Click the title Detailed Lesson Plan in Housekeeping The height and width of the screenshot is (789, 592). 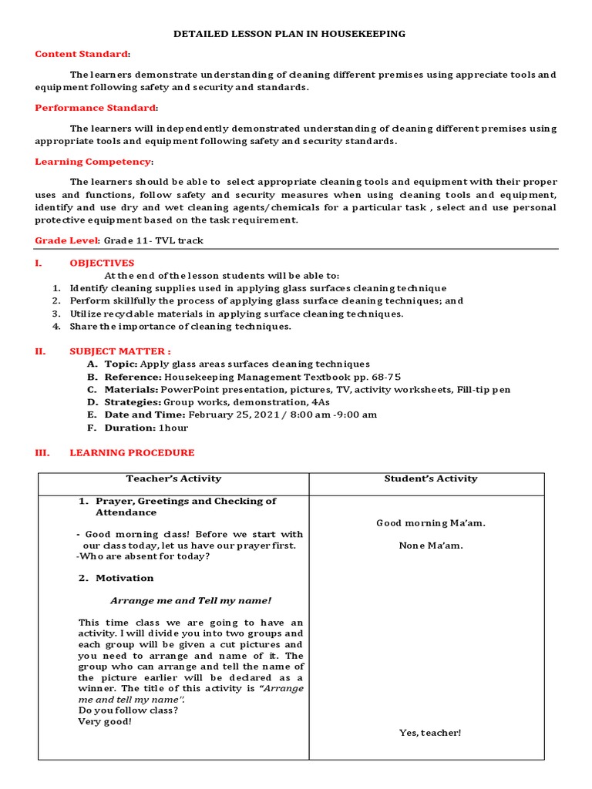[289, 34]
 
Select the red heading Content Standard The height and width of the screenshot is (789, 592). [82, 54]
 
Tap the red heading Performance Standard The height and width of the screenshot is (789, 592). [96, 108]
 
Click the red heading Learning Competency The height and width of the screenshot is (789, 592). [92, 162]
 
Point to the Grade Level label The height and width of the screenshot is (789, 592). [67, 241]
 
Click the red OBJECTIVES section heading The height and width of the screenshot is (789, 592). [102, 263]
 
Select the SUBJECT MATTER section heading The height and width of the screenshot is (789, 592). [120, 351]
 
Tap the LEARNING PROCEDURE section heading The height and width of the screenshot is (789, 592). [132, 453]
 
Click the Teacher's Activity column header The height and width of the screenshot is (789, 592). [173, 478]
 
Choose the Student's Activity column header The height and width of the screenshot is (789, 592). [431, 478]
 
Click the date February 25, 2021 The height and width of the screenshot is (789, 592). [231, 415]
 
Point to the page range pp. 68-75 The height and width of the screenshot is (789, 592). [375, 377]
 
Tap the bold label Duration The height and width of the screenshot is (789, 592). [127, 427]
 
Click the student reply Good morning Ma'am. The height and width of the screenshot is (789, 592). [431, 523]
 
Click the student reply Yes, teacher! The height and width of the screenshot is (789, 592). [430, 732]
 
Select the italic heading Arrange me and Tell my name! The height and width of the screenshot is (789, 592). [190, 600]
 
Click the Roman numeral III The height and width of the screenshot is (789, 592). [42, 453]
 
